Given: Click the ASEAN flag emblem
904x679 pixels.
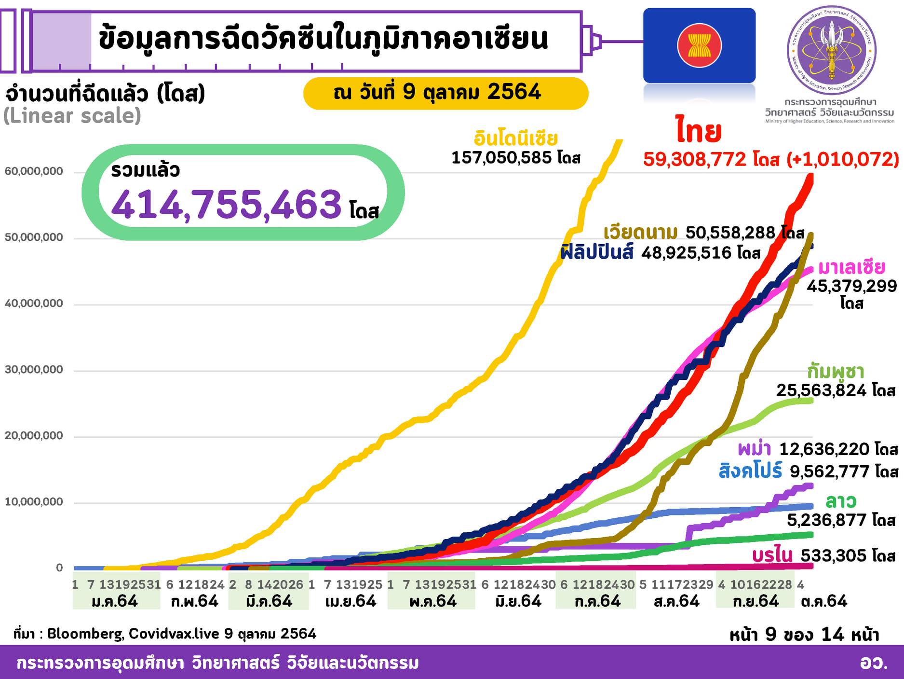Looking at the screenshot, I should (699, 46).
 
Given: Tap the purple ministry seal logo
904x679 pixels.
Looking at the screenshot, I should (831, 50).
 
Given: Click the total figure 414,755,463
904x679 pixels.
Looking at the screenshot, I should (226, 204).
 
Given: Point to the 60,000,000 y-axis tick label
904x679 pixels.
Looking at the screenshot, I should (33, 171).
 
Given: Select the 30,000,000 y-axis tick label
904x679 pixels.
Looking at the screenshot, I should (33, 370).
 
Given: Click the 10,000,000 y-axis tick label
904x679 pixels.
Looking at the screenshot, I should (33, 502).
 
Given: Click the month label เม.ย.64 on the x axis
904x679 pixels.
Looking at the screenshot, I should (351, 601).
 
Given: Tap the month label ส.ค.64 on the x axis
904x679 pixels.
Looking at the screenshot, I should (676, 601).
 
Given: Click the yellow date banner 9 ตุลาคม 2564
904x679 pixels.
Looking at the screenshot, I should (445, 93).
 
